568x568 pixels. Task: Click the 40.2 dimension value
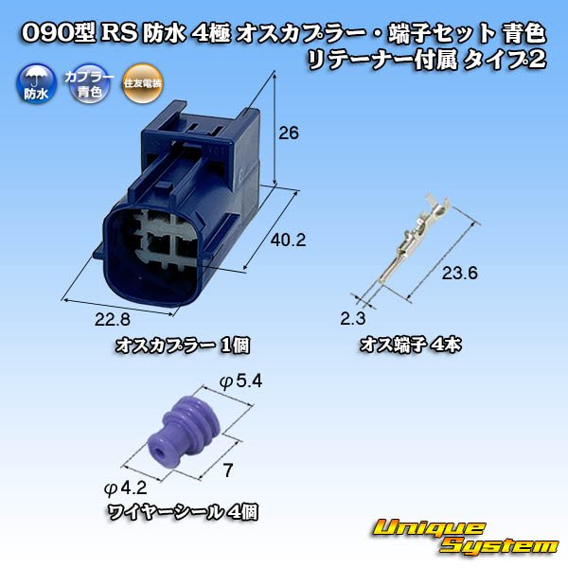[289, 240]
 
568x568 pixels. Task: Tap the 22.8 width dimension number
[112, 319]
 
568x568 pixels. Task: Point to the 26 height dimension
[289, 133]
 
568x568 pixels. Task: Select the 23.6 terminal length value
[460, 273]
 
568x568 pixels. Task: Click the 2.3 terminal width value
[353, 319]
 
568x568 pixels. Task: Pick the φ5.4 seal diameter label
[240, 382]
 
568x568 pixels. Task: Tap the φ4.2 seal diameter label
[125, 488]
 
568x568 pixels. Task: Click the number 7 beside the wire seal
[227, 470]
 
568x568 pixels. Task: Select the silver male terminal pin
[414, 240]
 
